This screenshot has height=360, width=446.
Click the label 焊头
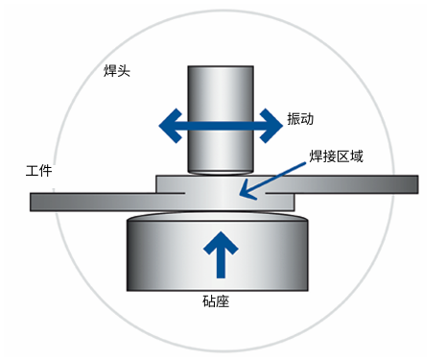117,72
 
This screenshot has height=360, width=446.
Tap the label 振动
300,120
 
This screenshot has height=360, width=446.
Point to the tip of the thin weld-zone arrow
241,198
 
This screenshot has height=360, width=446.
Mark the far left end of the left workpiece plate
35,202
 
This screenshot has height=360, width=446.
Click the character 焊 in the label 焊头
110,72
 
